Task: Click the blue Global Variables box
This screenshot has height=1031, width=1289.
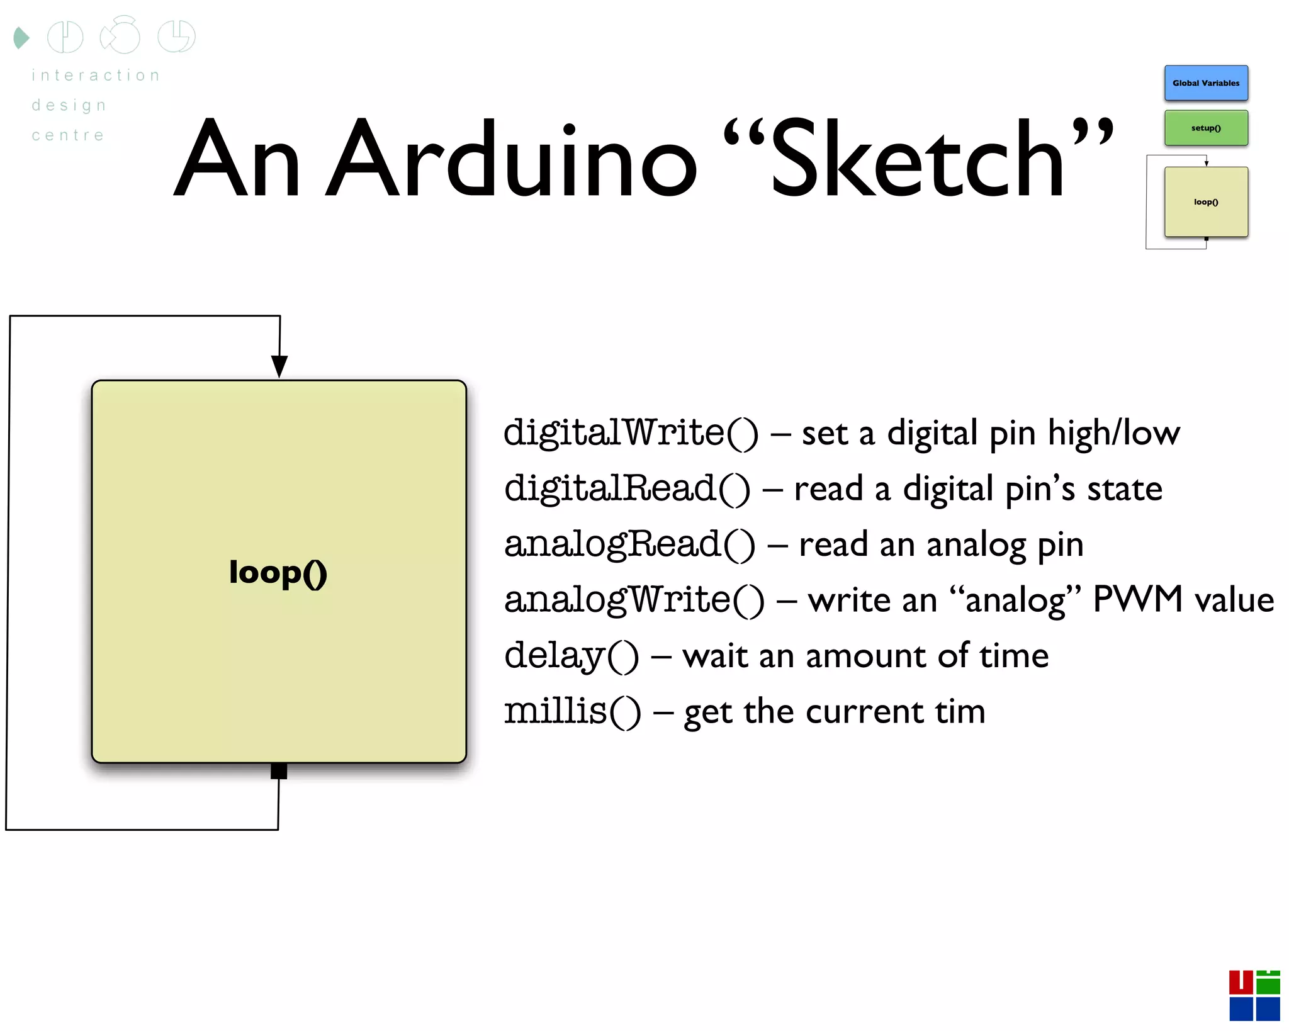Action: pyautogui.click(x=1205, y=83)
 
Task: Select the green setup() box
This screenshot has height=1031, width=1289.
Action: pyautogui.click(x=1205, y=128)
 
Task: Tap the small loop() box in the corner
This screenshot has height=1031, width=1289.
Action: pyautogui.click(x=1205, y=201)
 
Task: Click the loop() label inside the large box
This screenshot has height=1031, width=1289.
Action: pyautogui.click(x=278, y=572)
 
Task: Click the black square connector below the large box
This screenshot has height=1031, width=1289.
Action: pyautogui.click(x=278, y=770)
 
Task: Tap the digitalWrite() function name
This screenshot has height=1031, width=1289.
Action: pyautogui.click(x=631, y=433)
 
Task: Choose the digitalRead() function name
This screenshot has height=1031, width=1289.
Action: pyautogui.click(x=627, y=488)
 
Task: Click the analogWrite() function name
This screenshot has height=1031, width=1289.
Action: pyautogui.click(x=634, y=599)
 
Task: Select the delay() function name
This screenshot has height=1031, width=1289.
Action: pyautogui.click(x=571, y=656)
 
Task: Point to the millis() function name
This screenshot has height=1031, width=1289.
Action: pyautogui.click(x=572, y=712)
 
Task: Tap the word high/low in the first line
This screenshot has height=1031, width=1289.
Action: pyautogui.click(x=1113, y=433)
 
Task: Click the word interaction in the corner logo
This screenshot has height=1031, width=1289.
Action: pyautogui.click(x=96, y=76)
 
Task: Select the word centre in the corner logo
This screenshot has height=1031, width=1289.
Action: pyautogui.click(x=68, y=135)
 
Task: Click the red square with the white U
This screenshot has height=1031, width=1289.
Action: pyautogui.click(x=1241, y=982)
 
